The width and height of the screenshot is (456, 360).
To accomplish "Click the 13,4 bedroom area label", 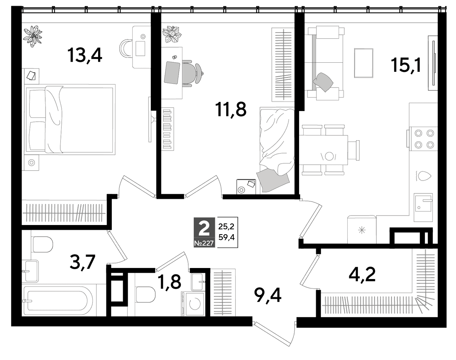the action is click(85, 56).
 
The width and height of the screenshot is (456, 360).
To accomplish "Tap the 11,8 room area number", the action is click(231, 109).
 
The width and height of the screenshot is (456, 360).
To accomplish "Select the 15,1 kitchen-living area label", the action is click(405, 65).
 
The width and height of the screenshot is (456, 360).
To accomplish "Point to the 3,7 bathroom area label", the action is click(83, 262).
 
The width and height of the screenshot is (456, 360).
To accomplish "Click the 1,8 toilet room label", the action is click(169, 282).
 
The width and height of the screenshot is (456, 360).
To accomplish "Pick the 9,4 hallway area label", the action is click(268, 296).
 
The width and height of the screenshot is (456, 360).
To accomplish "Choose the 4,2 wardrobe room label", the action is click(362, 274).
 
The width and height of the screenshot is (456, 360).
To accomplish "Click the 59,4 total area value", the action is click(226, 238).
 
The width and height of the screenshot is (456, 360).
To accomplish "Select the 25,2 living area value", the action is click(226, 227).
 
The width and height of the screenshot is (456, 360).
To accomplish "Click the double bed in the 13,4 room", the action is click(70, 119).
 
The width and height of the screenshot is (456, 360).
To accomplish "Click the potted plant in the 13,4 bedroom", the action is click(33, 36).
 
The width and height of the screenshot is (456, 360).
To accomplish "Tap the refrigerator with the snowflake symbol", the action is click(362, 229).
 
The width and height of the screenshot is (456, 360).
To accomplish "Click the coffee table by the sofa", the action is click(364, 63).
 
